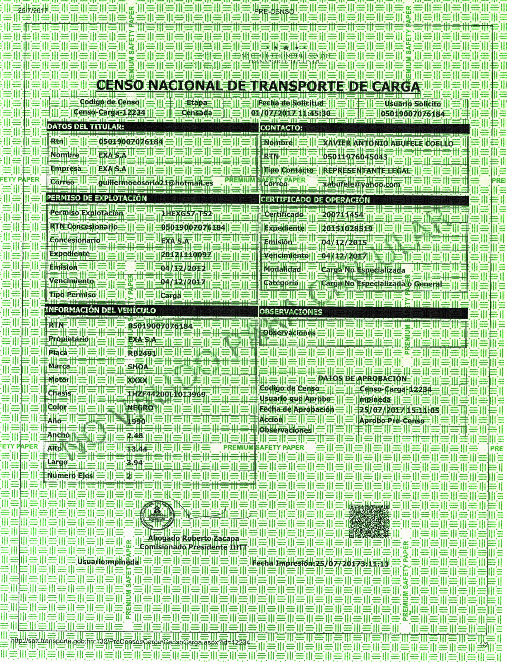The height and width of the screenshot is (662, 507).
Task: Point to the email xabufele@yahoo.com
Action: [x=361, y=184]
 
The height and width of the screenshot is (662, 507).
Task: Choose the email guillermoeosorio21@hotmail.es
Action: [x=156, y=183]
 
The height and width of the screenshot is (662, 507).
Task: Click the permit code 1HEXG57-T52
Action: [x=187, y=213]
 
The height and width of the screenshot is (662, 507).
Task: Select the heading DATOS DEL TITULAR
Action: [x=85, y=127]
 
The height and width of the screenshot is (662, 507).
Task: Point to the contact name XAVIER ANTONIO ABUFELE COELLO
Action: [x=388, y=143]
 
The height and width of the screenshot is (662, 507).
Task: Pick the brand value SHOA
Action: [x=138, y=367]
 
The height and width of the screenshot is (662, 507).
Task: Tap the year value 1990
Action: [x=136, y=422]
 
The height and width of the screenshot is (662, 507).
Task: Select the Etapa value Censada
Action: [x=197, y=113]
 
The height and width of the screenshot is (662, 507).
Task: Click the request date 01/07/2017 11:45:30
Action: [x=291, y=113]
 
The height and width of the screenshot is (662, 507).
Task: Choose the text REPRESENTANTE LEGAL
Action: [x=366, y=170]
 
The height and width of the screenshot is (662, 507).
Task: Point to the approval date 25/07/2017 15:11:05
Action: [x=399, y=410]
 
